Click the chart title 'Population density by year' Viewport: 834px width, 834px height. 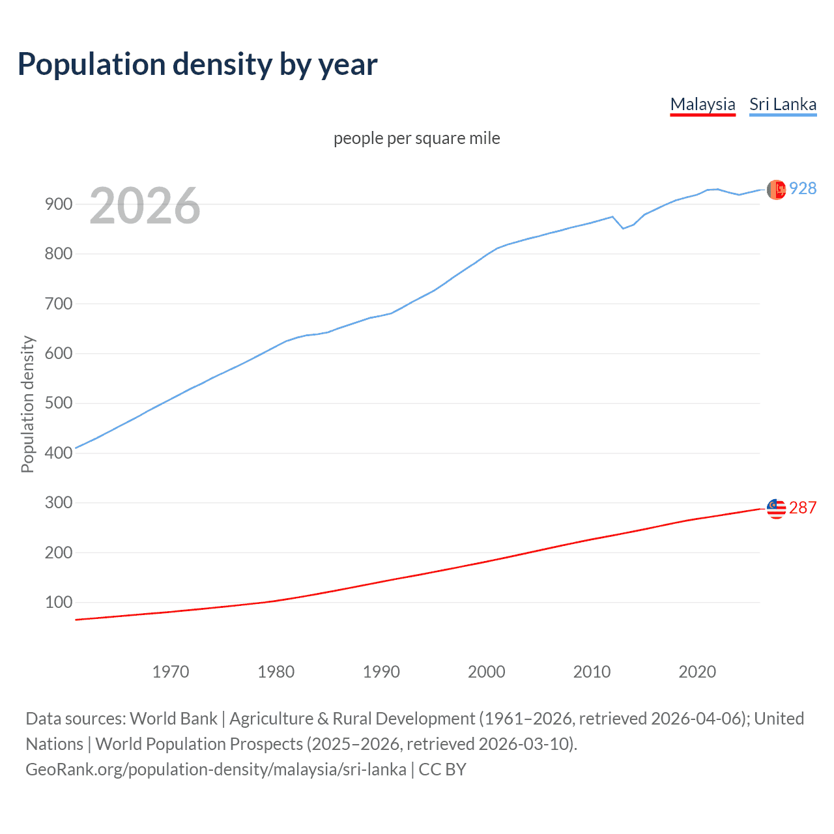click(x=197, y=65)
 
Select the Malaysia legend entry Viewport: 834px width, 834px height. click(x=702, y=104)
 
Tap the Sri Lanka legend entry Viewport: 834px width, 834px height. click(x=783, y=104)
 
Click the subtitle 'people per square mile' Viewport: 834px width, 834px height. click(x=416, y=138)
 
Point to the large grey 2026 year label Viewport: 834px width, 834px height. click(x=145, y=206)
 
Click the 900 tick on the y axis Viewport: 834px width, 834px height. click(x=59, y=204)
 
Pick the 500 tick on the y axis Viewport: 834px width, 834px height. click(x=59, y=403)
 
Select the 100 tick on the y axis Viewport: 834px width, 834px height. click(x=59, y=602)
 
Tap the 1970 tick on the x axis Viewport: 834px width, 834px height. click(x=171, y=672)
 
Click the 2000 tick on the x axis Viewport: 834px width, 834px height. click(x=487, y=672)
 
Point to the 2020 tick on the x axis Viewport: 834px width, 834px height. click(x=697, y=672)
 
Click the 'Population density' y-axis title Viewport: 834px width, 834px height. click(x=27, y=404)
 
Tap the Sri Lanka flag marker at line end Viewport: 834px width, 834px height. click(x=776, y=190)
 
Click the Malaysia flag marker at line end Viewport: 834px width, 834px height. click(x=776, y=508)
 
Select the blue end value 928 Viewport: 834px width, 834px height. click(x=803, y=188)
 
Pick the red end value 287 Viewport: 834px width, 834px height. click(x=803, y=508)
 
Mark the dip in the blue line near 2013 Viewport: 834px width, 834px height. click(x=623, y=228)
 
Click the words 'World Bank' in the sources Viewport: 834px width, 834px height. click(x=173, y=718)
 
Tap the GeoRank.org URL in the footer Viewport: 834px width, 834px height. click(x=216, y=769)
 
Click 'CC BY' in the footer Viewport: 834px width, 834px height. click(x=442, y=769)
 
